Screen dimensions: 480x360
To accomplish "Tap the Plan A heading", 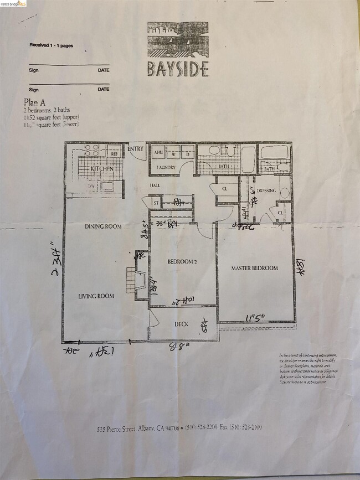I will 35,101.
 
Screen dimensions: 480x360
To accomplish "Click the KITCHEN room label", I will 102,168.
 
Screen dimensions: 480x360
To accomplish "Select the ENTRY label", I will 136,149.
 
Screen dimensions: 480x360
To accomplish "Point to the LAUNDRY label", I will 166,167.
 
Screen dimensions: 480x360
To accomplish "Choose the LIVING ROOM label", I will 96,296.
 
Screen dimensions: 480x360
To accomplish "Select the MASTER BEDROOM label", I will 254,269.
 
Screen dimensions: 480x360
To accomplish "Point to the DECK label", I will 182,324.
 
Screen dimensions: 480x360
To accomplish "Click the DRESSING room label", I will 266,191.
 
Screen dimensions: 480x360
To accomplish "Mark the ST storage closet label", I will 155,203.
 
